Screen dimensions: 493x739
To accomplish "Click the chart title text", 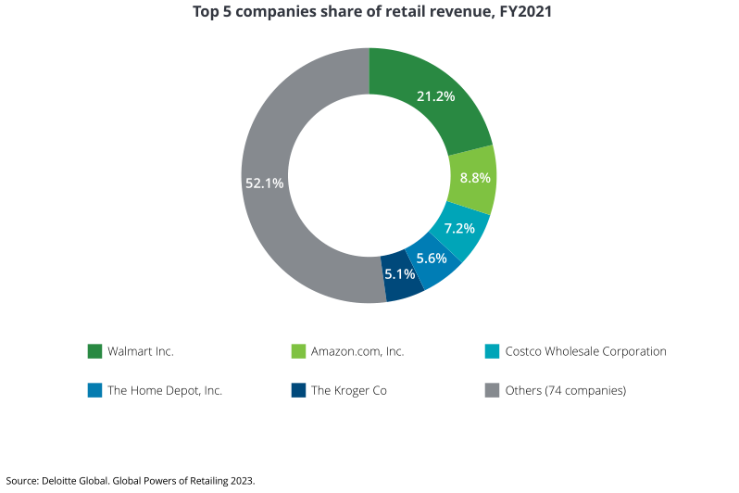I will coord(369,13).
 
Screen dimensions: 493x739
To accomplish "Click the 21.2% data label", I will coord(435,96).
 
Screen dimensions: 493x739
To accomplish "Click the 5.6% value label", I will coord(432,259).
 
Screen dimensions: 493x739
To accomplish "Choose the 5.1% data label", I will coord(400,274).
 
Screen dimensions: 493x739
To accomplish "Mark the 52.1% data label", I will coord(264,183).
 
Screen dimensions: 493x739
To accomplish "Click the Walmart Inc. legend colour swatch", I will coord(94,351).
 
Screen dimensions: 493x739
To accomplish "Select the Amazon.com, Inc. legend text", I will coord(357,351).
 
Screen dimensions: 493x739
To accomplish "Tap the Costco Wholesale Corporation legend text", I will coord(585,351).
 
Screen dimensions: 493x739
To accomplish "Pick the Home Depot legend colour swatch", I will coord(94,390).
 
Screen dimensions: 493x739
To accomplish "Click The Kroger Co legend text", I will coord(348,390).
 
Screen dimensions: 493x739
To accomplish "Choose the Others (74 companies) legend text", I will coord(565,390).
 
